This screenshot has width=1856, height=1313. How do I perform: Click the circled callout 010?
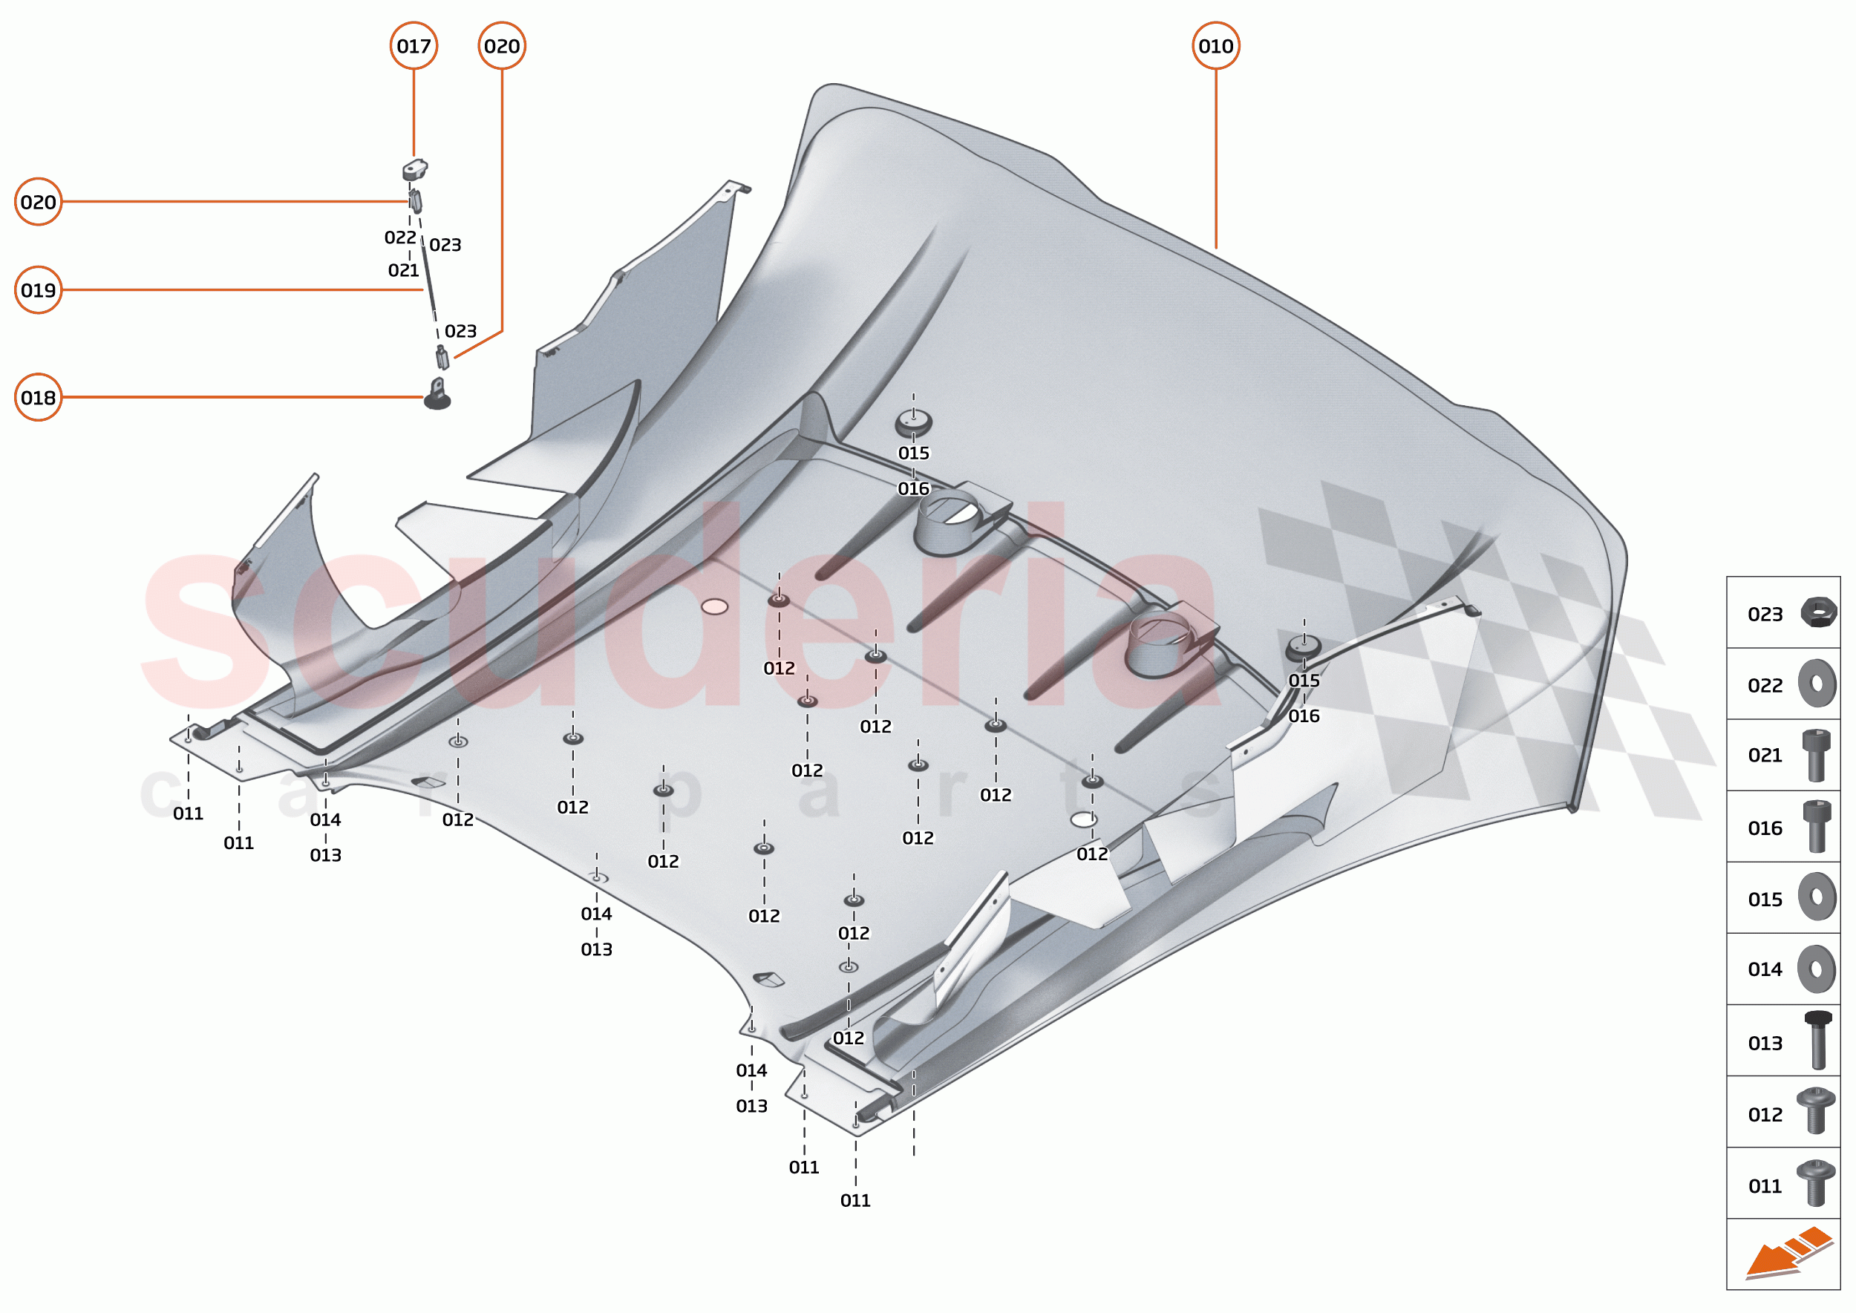tap(1215, 46)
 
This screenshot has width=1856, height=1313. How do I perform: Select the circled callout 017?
tap(414, 46)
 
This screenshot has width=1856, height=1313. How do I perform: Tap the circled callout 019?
tap(39, 289)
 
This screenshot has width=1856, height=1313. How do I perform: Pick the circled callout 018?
tap(39, 397)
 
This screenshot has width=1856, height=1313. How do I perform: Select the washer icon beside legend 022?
tap(1817, 684)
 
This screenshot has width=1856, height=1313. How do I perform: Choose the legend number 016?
tap(1765, 828)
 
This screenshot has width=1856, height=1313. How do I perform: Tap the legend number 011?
tap(1765, 1186)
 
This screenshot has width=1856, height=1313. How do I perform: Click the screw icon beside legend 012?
tap(1817, 1111)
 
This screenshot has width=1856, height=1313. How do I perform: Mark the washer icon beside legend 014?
tap(1817, 969)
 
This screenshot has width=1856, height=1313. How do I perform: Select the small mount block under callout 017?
tap(415, 170)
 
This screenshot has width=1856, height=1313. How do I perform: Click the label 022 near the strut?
tap(400, 238)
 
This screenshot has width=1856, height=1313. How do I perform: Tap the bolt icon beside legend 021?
tap(1817, 755)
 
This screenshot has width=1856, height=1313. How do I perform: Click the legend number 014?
tap(1765, 969)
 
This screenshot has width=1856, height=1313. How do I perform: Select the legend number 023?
tap(1765, 615)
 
